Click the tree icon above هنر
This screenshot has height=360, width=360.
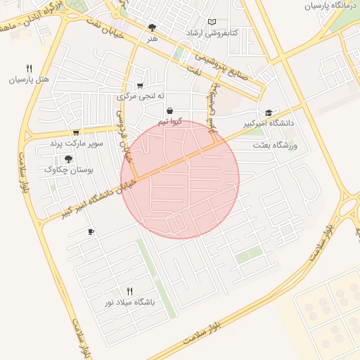click(x=153, y=28)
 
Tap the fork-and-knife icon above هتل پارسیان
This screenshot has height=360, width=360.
click(x=29, y=69)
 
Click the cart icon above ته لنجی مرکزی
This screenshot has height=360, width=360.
click(x=140, y=85)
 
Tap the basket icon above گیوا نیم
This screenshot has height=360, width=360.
click(x=170, y=111)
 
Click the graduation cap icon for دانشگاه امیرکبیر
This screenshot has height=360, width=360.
click(x=269, y=112)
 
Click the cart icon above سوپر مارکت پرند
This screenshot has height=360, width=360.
click(x=76, y=132)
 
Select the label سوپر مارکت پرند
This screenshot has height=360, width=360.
click(x=76, y=143)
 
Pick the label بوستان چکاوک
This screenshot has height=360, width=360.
click(x=68, y=169)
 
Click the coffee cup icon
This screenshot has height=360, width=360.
click(x=91, y=232)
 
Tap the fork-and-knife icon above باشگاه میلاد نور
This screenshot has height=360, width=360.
click(x=129, y=291)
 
